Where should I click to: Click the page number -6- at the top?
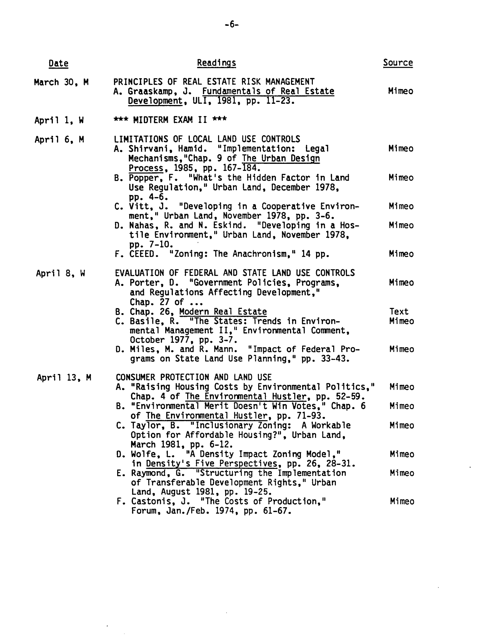click(231, 25)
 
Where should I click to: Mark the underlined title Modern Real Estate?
click(223, 312)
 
